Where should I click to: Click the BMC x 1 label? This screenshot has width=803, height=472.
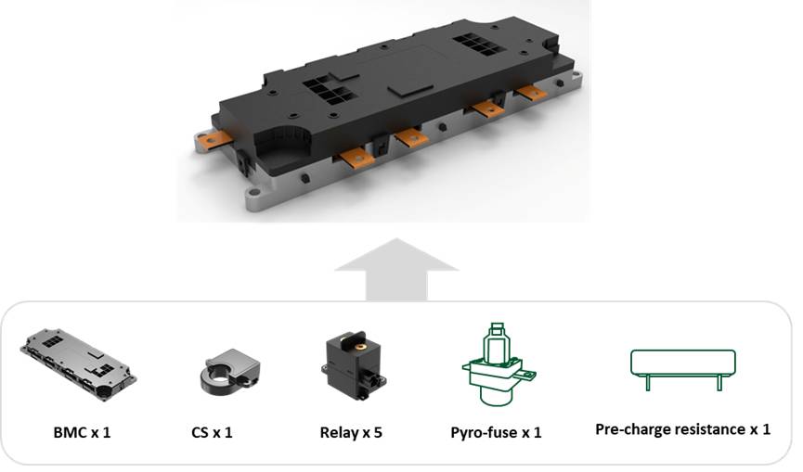coord(82,433)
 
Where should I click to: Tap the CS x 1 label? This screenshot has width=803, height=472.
coord(212,433)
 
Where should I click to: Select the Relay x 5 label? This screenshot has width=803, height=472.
coord(351,433)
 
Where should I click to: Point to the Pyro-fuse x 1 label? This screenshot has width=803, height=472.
coord(496,433)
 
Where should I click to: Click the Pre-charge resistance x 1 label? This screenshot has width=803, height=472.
coord(682,429)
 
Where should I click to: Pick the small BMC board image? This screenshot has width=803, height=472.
coord(78,364)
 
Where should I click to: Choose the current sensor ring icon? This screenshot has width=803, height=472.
coord(229,372)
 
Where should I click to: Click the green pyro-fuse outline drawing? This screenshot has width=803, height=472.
coord(499,364)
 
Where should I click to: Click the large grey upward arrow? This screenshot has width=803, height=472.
coord(396,269)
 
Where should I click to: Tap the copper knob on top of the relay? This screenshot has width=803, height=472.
coord(361,347)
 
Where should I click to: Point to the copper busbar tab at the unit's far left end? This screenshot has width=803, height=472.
coord(216,138)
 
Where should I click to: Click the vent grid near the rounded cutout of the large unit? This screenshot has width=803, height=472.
coord(327,90)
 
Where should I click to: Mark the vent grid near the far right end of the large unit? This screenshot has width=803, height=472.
coord(479,45)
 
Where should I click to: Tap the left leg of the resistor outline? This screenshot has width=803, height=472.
coord(647,382)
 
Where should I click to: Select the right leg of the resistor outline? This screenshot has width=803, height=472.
coord(719,382)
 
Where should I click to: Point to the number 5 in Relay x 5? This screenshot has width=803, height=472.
coord(378,433)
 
